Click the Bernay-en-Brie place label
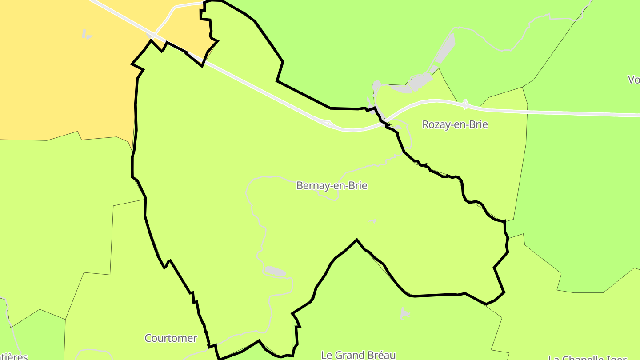point(332,186)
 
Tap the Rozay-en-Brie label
point(455,124)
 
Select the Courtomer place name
point(171,338)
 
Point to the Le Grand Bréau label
point(358,355)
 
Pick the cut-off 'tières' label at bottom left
point(13,356)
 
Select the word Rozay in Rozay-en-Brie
point(435,124)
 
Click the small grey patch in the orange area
point(87,34)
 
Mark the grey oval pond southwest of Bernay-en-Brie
point(275,271)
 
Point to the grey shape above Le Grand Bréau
point(404,313)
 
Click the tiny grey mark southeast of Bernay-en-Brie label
point(372,221)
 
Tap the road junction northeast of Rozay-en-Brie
point(465,104)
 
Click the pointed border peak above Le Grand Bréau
point(357,240)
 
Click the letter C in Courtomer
point(148,338)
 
